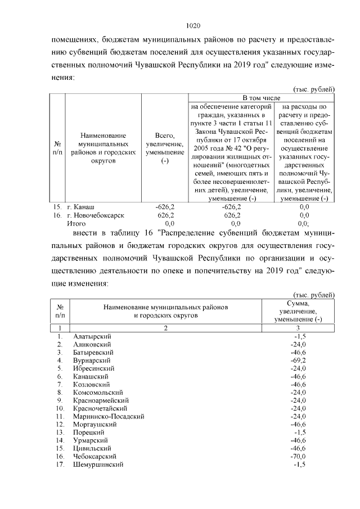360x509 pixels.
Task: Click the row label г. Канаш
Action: click(81, 206)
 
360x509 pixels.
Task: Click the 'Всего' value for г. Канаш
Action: click(165, 206)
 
